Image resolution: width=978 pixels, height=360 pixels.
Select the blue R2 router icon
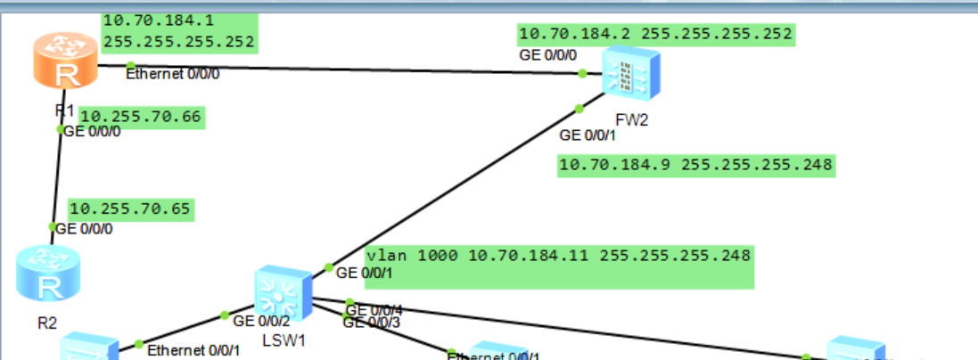tap(42, 274)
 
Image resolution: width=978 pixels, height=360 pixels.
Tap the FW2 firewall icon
tap(630, 73)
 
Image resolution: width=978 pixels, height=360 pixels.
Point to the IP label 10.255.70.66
tap(142, 117)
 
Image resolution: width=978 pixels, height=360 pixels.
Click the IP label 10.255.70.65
tap(130, 209)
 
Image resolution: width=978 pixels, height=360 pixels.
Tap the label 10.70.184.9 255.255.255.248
tap(695, 165)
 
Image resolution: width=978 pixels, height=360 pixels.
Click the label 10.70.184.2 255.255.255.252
tap(655, 35)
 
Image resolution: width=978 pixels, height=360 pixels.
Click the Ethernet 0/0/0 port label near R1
tap(172, 73)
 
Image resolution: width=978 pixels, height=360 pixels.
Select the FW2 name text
tap(631, 120)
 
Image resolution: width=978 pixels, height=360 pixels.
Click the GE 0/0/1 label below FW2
tap(588, 135)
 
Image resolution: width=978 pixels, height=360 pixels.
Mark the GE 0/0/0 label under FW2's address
tap(547, 55)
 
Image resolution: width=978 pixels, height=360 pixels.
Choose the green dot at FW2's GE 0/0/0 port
tap(582, 74)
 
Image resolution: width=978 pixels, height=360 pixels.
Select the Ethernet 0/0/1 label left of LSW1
tap(193, 350)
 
